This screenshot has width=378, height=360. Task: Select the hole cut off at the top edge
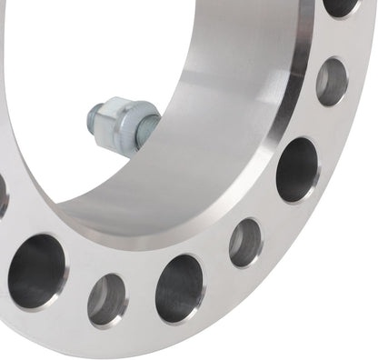341,6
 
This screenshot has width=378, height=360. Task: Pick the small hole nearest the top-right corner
332,81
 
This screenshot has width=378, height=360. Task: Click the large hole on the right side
297,169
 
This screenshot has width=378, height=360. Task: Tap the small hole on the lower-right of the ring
244,242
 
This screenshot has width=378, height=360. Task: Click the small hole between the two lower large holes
107,299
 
